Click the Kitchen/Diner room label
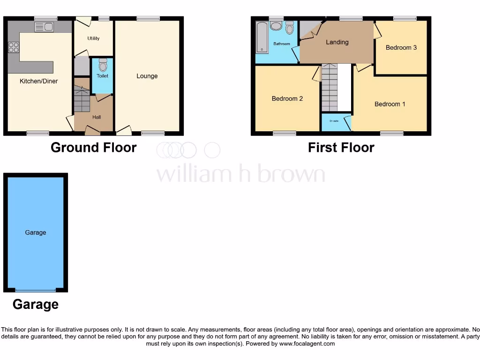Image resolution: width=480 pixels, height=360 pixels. pyautogui.click(x=39, y=81)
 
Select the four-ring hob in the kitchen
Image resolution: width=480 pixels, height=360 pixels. pyautogui.click(x=13, y=47)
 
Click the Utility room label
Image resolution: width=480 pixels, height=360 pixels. pyautogui.click(x=94, y=38)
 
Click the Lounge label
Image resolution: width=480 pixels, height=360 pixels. pyautogui.click(x=147, y=76)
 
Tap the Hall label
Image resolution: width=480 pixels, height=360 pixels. pyautogui.click(x=97, y=117)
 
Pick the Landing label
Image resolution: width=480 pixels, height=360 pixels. pyautogui.click(x=337, y=42)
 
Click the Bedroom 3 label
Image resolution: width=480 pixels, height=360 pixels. pyautogui.click(x=401, y=47)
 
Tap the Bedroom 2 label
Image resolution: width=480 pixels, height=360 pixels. pyautogui.click(x=287, y=98)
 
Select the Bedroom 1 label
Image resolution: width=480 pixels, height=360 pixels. pyautogui.click(x=390, y=104)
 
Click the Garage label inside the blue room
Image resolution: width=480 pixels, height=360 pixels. pyautogui.click(x=36, y=232)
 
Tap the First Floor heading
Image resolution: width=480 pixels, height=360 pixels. pyautogui.click(x=341, y=147)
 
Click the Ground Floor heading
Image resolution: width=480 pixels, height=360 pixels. pyautogui.click(x=93, y=147)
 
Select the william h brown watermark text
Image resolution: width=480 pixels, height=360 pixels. pyautogui.click(x=240, y=174)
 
